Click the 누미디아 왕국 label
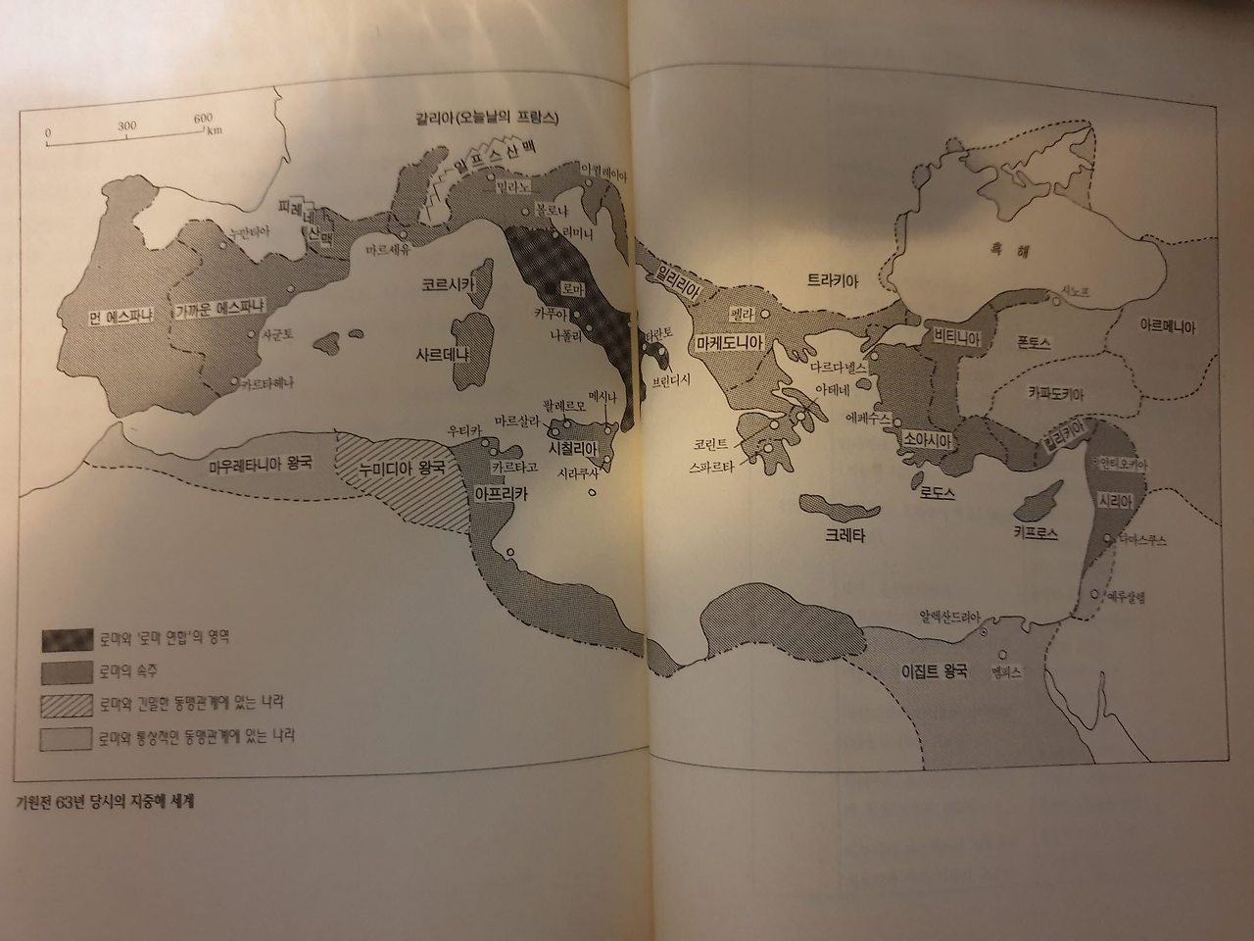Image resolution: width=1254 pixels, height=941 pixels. coord(401,468)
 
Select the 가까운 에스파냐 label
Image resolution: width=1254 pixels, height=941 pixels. coord(219,306)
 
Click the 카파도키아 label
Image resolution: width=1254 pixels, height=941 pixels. coord(1059,390)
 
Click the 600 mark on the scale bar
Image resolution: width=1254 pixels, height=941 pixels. coord(203,120)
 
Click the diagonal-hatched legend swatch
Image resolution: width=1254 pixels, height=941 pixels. coord(66,705)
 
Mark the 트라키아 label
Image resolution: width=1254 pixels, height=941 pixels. coord(833,280)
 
